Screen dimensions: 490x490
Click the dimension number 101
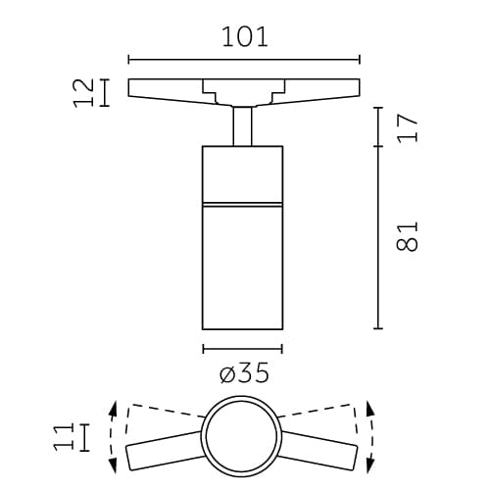(x=243, y=37)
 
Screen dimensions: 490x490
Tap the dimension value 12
(x=85, y=92)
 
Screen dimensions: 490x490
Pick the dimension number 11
(x=64, y=437)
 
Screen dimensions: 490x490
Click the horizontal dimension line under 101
(x=243, y=59)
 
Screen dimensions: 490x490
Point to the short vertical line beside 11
(x=85, y=437)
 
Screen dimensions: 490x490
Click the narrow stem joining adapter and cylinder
(x=243, y=125)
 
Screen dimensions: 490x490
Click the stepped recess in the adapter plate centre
(x=243, y=91)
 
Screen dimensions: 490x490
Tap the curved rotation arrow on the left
(x=114, y=436)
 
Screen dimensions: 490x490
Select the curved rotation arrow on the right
(x=371, y=436)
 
